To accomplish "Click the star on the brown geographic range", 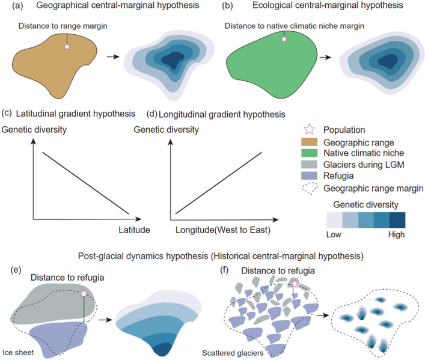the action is tap(67, 47).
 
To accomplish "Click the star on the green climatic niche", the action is tap(284, 39).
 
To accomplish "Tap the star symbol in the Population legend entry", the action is tap(309, 129).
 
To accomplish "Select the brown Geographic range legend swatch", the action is tap(309, 142).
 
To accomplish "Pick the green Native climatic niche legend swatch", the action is tap(309, 153).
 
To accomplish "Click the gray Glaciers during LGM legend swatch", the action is tap(309, 164).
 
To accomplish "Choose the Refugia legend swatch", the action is tap(309, 175).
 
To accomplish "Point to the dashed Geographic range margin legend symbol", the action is tap(310, 188).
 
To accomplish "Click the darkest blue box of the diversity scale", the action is tap(397, 220).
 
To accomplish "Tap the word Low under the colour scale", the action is tap(334, 234).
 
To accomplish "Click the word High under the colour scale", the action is tap(396, 234).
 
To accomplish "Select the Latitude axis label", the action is tap(134, 230).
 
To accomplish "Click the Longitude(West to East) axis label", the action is tap(223, 230).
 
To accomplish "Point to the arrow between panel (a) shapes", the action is tap(113, 56).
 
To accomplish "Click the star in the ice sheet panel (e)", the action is tap(84, 293).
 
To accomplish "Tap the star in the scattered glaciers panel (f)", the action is tap(295, 284).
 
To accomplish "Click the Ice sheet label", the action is tap(18, 352).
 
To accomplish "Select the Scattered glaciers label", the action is tap(233, 353).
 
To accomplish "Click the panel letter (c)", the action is tap(7, 113).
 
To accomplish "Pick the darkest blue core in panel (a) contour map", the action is tap(172, 60).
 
